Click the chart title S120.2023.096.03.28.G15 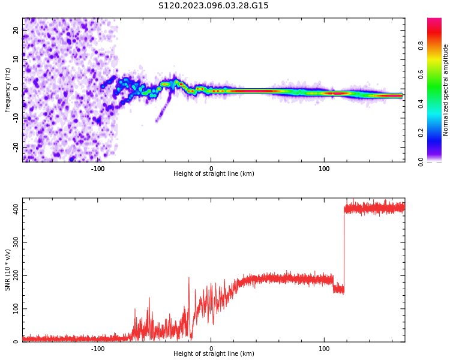pos(214,6)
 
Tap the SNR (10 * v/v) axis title pos(8,269)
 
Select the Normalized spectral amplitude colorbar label pos(446,90)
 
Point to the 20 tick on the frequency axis pos(16,30)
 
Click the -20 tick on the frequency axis pos(16,146)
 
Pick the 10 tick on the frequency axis pos(16,59)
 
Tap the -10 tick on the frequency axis pos(16,118)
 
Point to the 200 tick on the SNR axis pos(16,275)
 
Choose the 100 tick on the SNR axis pos(16,309)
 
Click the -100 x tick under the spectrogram pos(98,168)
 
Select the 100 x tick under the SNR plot pos(324,348)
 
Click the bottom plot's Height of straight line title pos(214,354)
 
